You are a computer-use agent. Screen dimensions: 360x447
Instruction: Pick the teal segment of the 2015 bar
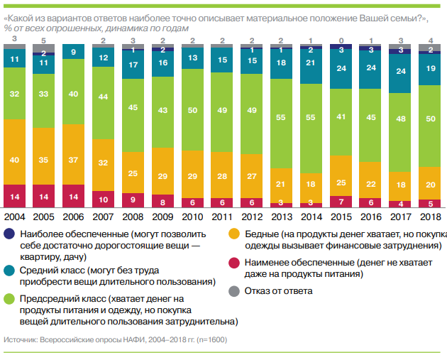point(342,69)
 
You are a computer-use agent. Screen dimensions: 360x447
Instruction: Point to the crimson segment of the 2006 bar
point(74,195)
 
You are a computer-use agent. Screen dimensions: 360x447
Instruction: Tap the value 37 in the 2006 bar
point(74,160)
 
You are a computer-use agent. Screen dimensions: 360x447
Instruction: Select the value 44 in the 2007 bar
point(104,97)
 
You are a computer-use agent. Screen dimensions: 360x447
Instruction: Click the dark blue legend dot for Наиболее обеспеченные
point(9,234)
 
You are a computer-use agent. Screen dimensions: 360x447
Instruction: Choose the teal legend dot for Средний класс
point(9,271)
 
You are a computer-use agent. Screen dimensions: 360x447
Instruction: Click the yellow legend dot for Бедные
point(233,234)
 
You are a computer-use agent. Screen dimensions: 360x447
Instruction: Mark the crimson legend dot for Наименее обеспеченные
point(233,262)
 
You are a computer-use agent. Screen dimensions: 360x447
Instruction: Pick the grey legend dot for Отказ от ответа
point(233,290)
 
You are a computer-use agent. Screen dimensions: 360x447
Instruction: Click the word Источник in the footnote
point(22,339)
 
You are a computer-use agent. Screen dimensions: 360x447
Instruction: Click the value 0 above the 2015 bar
point(342,40)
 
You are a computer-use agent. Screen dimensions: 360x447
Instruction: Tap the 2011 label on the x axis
point(223,217)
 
